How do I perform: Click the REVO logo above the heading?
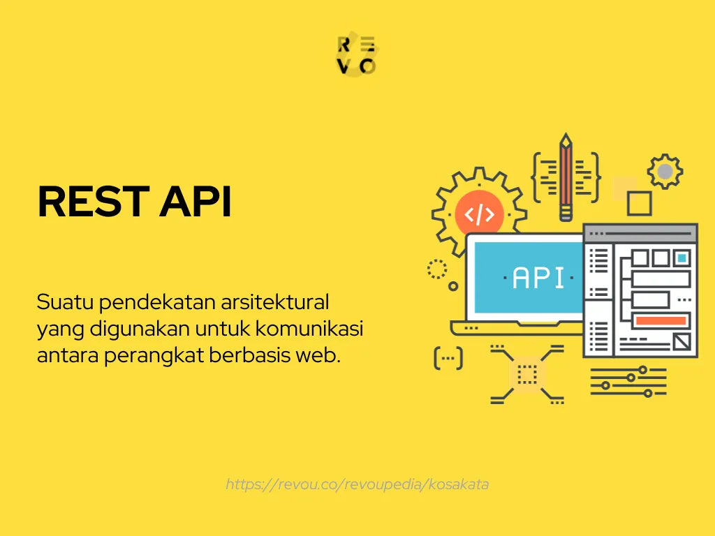tap(357, 55)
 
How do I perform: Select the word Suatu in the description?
tap(65, 304)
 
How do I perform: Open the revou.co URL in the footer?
tap(357, 484)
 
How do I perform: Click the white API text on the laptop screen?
tap(538, 278)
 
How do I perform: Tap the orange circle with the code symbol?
tap(479, 214)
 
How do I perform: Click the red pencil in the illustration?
tap(566, 178)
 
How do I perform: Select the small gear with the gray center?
tap(665, 171)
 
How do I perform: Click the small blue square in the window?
tap(681, 258)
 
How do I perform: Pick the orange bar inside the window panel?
tap(660, 320)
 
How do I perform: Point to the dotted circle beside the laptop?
tap(437, 269)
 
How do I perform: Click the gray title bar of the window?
tap(640, 233)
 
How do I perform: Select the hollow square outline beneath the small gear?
tap(639, 204)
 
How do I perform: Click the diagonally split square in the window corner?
tap(681, 342)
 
